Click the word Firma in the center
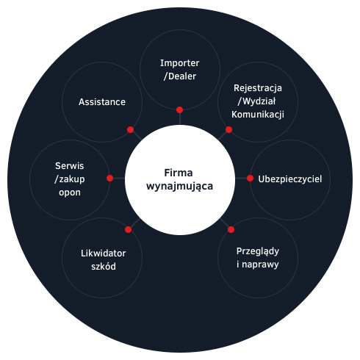pyautogui.click(x=179, y=173)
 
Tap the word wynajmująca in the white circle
pyautogui.click(x=179, y=187)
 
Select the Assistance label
pyautogui.click(x=102, y=102)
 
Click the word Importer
pyautogui.click(x=180, y=63)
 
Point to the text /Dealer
pyautogui.click(x=180, y=76)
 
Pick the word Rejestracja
pyautogui.click(x=258, y=88)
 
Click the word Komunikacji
pyautogui.click(x=258, y=115)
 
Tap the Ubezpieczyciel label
pyautogui.click(x=290, y=179)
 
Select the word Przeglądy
pyautogui.click(x=258, y=251)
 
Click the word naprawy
pyautogui.click(x=260, y=265)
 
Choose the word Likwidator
pyautogui.click(x=103, y=253)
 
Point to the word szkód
pyautogui.click(x=104, y=267)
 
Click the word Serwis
pyautogui.click(x=70, y=166)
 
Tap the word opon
pyautogui.click(x=70, y=192)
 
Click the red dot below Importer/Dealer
pyautogui.click(x=180, y=110)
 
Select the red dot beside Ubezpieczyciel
pyautogui.click(x=250, y=179)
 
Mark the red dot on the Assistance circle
pyautogui.click(x=131, y=129)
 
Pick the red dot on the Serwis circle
pyautogui.click(x=110, y=179)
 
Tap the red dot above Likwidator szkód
pyautogui.click(x=128, y=229)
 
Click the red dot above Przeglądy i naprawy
pyautogui.click(x=231, y=229)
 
